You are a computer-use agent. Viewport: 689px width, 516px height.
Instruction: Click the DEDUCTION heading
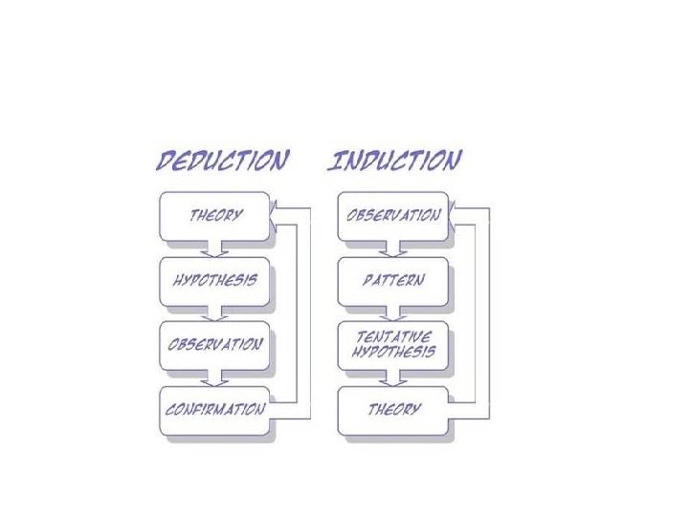(221, 160)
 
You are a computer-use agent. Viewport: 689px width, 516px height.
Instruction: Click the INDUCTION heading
(395, 160)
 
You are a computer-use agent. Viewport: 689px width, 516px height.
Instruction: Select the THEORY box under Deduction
(214, 215)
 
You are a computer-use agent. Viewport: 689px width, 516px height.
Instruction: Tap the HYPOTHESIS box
(214, 280)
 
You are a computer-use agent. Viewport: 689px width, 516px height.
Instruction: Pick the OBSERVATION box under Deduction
(214, 344)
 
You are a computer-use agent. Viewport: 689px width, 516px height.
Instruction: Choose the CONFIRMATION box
(214, 409)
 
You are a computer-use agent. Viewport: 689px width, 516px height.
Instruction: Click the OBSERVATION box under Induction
(392, 215)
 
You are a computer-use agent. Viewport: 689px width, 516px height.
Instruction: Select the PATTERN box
(392, 280)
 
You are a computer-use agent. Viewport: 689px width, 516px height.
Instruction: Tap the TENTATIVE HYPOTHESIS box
(392, 344)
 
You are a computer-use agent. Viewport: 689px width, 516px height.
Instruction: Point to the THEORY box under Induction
(392, 409)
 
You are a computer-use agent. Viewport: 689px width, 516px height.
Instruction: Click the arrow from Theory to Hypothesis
(214, 248)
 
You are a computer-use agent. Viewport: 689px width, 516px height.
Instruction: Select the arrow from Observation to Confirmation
(214, 378)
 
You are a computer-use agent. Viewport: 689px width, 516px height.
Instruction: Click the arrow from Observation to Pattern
(392, 248)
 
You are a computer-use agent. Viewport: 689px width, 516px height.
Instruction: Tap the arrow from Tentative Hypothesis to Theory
(392, 378)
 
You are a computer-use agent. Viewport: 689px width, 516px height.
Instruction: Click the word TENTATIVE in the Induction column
(392, 337)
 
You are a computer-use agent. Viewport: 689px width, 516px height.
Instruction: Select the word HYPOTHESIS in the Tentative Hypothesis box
(392, 352)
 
